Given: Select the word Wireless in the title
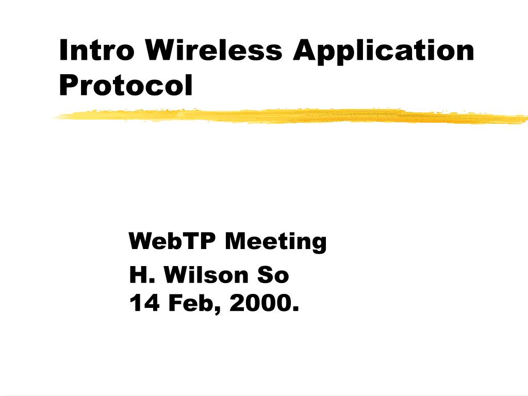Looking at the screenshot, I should [x=214, y=50].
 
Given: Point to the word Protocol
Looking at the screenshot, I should [x=126, y=85].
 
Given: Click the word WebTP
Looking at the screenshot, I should [x=173, y=241].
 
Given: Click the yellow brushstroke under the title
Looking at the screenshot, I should [x=289, y=116].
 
